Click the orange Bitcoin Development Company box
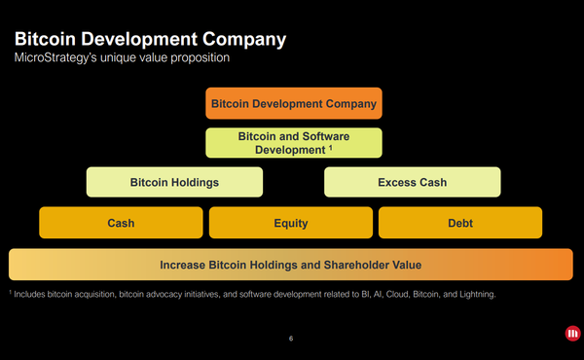[293, 103]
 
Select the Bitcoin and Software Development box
[293, 143]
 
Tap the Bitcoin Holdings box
[174, 182]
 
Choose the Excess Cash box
[412, 182]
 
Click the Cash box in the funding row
[121, 223]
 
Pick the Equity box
[291, 223]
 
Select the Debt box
[460, 223]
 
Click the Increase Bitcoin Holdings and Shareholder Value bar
[291, 265]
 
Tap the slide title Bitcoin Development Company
[148, 40]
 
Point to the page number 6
[291, 339]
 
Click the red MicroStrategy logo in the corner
[571, 335]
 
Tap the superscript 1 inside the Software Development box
[331, 149]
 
